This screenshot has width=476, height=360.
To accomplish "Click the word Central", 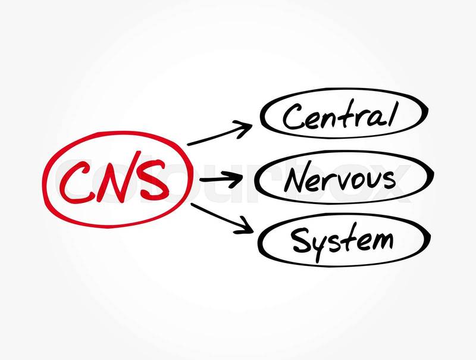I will [x=339, y=117].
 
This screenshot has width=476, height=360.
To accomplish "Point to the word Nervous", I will [x=339, y=179].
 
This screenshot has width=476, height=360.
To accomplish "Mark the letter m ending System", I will [x=381, y=242].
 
